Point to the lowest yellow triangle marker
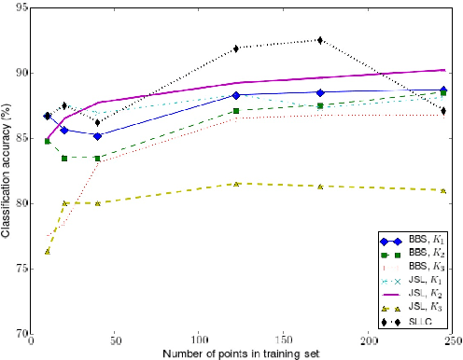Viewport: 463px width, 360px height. click(48, 251)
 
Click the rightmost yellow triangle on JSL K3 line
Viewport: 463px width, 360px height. click(442, 190)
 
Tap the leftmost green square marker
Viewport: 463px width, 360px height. click(48, 141)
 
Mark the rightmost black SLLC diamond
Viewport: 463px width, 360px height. click(442, 111)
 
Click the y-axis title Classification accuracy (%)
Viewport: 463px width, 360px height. click(7, 171)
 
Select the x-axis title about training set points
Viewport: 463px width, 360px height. click(242, 353)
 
